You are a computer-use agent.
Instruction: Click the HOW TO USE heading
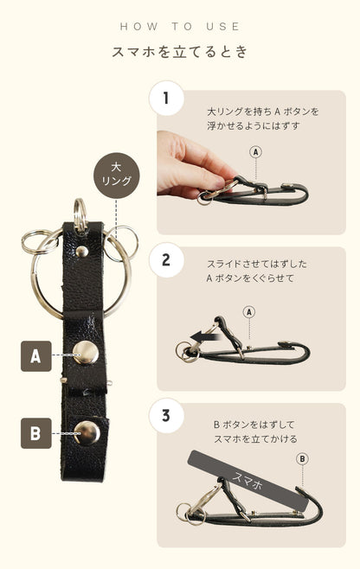[180, 27]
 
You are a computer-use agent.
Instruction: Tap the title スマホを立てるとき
[180, 52]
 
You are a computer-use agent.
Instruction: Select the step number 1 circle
[166, 98]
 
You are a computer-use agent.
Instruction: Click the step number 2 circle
[166, 260]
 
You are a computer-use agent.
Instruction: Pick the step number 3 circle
[166, 415]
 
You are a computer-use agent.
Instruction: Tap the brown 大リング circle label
[116, 176]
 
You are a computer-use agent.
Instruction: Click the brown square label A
[36, 356]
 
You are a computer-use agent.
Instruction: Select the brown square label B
[36, 433]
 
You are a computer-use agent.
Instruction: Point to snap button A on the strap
[86, 352]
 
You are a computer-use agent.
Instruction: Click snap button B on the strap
[87, 433]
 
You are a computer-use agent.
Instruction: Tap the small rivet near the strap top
[82, 251]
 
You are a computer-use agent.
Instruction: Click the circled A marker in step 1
[256, 151]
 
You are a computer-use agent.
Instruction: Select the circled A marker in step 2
[249, 312]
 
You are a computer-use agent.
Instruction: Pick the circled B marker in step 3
[302, 459]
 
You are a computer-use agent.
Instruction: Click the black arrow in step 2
[204, 336]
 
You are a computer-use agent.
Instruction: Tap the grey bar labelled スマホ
[248, 481]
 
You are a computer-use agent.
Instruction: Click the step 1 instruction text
[262, 118]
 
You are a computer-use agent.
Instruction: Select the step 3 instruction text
[255, 432]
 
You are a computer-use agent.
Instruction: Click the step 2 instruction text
[257, 271]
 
